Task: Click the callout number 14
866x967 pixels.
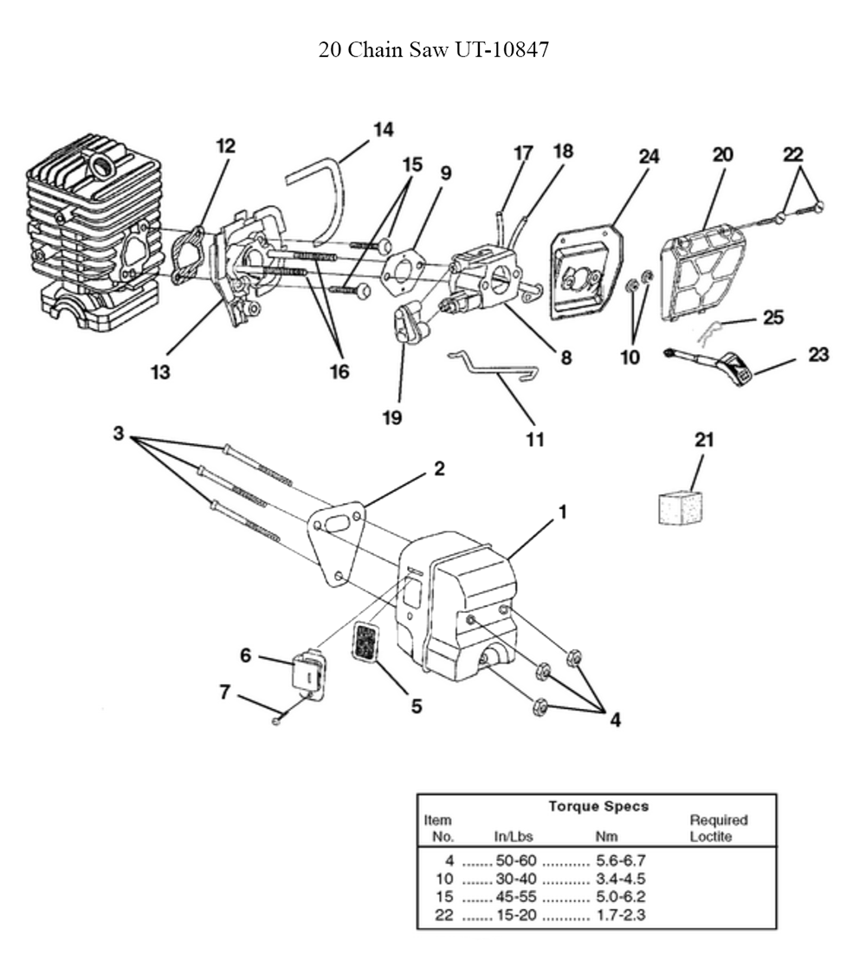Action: [x=383, y=130]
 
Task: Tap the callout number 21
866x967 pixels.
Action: [x=704, y=440]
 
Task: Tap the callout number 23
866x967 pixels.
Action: [x=818, y=354]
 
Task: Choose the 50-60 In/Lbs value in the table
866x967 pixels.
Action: [x=516, y=861]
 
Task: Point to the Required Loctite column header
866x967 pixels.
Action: [x=718, y=828]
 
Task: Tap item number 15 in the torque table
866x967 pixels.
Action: [x=443, y=895]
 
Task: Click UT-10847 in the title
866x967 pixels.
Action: [x=496, y=50]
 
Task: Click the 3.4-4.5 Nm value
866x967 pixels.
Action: [x=621, y=878]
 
